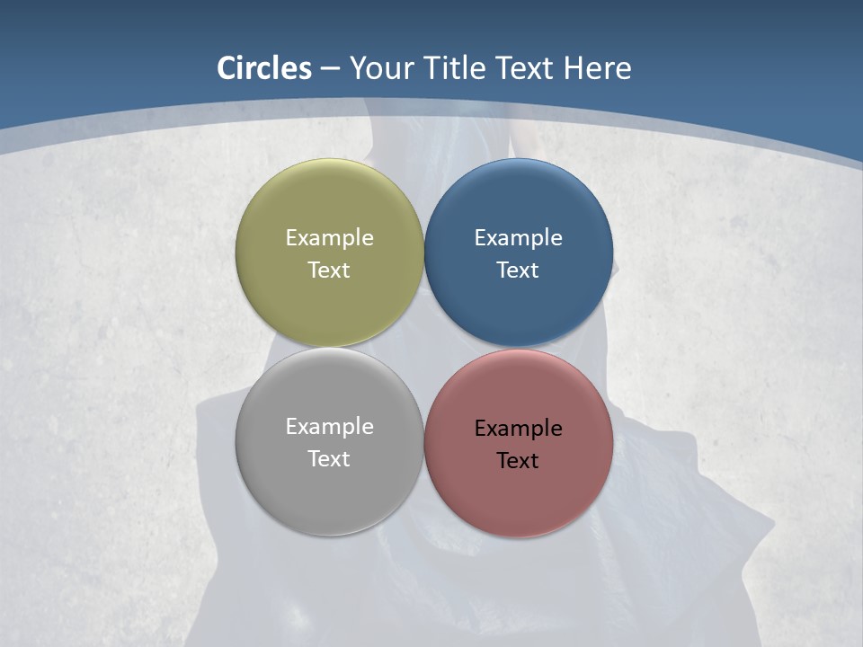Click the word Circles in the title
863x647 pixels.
(x=263, y=68)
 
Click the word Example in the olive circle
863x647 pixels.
(x=329, y=238)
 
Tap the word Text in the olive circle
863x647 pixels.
(x=329, y=270)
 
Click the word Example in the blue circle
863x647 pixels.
(x=518, y=238)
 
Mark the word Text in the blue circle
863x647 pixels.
(x=518, y=270)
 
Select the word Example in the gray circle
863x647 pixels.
(x=329, y=427)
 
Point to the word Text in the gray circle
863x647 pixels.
(x=329, y=459)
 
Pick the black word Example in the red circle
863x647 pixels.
(x=518, y=429)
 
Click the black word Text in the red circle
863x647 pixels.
(x=518, y=461)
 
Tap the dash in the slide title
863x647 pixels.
(x=330, y=69)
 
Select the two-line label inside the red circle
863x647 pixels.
(x=518, y=445)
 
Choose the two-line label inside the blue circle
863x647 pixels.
(x=518, y=254)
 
